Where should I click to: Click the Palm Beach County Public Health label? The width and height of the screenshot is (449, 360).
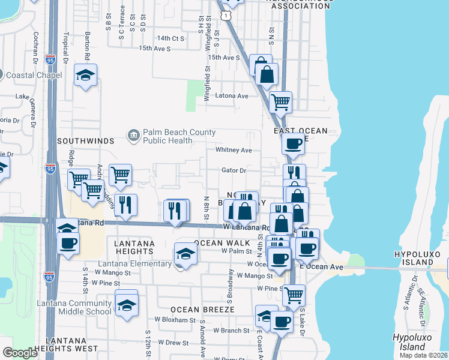167,136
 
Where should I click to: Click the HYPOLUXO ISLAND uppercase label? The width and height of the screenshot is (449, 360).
421,254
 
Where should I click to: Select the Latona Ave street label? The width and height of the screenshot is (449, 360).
232,96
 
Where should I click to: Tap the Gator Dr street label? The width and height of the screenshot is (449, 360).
234,170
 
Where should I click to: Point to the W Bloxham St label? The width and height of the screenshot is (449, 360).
176,320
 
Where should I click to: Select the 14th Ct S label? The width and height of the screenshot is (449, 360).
170,38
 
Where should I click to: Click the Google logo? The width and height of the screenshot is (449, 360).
20,353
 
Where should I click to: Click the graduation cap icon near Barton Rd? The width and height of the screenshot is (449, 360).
86,76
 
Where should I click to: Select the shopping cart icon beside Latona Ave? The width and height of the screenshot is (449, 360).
280,102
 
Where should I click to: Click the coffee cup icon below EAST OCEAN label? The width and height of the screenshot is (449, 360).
293,144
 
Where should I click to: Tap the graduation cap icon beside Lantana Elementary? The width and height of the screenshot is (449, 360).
185,254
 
